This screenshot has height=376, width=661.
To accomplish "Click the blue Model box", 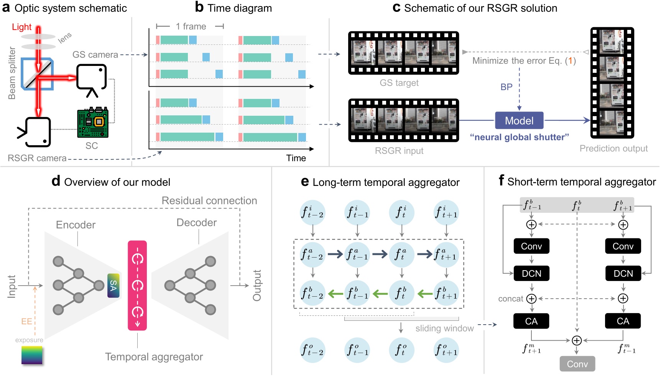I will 519,121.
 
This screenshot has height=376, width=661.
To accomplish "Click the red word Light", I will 21,27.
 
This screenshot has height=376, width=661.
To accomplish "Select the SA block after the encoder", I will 113,286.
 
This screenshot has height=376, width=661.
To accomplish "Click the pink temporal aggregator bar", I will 137,285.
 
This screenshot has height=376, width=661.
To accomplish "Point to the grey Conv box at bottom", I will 577,364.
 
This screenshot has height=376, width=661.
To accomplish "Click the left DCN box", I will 531,273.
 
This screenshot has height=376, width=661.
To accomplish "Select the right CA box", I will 623,321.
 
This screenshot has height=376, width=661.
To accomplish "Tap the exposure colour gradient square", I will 32,355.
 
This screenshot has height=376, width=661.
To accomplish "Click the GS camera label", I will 95,55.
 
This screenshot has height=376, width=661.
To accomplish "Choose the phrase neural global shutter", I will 519,137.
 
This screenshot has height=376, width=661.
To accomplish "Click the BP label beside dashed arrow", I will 506,87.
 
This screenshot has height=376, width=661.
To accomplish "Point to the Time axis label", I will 296,158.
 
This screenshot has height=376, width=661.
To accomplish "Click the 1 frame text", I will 191,26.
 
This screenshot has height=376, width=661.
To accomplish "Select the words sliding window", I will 444,328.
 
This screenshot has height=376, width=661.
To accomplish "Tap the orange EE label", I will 26,321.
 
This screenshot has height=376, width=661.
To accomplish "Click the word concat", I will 510,299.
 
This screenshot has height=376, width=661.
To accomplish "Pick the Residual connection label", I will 209,200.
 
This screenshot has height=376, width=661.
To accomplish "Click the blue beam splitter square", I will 37,74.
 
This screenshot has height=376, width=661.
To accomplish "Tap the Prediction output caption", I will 613,148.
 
